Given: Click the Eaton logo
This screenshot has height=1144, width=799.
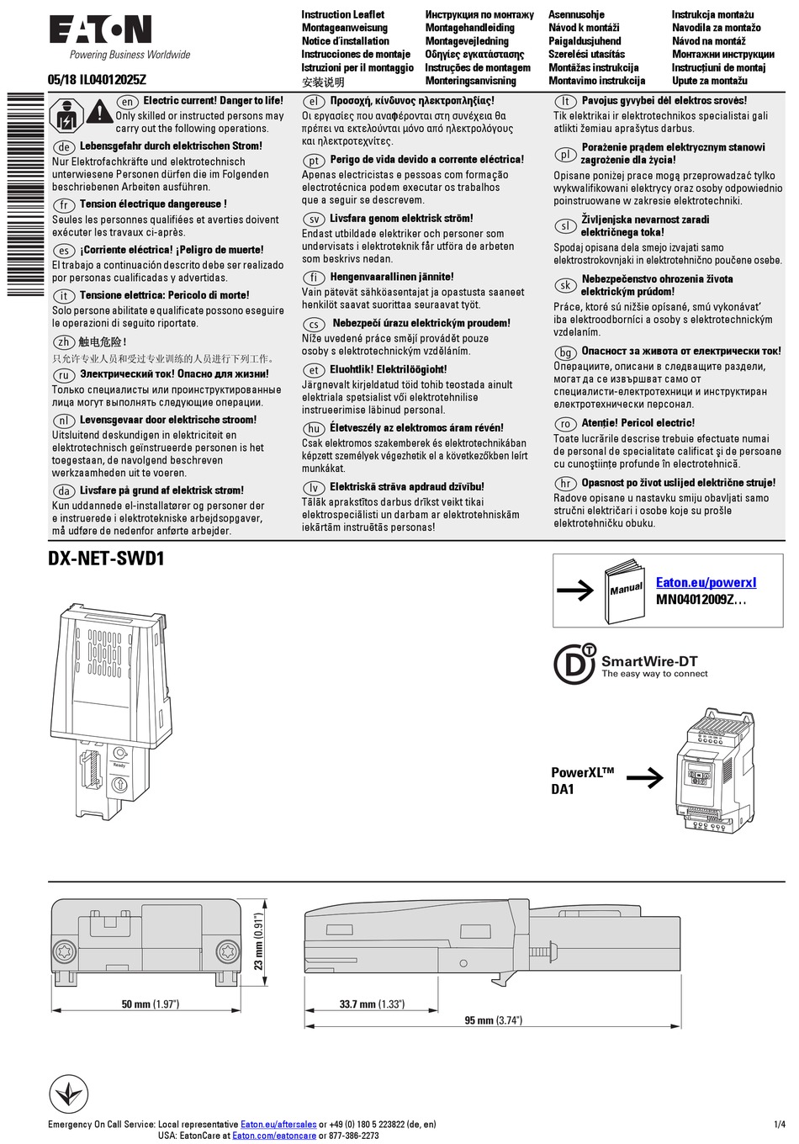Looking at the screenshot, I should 100,30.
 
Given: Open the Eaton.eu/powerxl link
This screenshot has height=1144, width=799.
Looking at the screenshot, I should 706,582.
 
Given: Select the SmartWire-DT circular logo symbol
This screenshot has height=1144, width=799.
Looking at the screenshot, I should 574,664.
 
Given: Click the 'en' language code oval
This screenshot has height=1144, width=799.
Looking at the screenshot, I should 126,101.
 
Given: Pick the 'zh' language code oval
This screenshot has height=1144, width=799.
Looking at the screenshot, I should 63,342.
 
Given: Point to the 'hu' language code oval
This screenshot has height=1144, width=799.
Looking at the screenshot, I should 314,428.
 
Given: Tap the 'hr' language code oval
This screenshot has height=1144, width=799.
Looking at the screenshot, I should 565,484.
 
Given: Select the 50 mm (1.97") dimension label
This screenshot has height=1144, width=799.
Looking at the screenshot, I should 151,1004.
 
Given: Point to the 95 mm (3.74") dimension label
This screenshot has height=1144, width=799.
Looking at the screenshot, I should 494,1020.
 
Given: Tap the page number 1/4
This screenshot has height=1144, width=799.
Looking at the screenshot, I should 779,1124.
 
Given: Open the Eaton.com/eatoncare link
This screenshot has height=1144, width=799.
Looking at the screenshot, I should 274,1136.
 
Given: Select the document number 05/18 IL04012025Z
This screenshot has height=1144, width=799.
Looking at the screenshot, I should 97,80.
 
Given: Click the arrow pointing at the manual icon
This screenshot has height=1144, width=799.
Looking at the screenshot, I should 575,591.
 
